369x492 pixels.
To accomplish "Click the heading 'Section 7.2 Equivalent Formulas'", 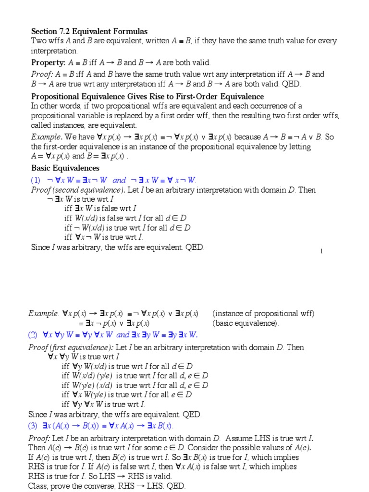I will coord(89,31).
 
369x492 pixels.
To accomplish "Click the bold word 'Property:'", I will coord(49,62).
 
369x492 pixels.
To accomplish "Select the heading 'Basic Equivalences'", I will coord(65,168).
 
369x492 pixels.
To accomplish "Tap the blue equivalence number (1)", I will coord(36,180).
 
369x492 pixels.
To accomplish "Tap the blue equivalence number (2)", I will coord(36,335).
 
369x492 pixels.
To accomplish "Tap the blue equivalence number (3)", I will coord(36,426).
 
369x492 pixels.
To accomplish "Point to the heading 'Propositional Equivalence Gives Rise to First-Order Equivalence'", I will coord(148,96).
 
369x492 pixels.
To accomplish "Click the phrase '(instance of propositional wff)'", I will coord(263,314).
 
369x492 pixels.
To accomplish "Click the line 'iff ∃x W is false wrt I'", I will coord(100,208).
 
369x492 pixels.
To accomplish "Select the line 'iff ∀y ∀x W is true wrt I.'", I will coord(103,404).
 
